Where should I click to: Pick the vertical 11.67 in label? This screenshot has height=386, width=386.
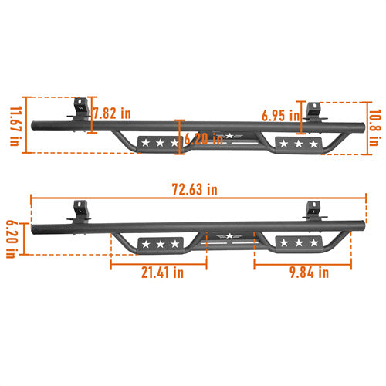[x=15, y=125]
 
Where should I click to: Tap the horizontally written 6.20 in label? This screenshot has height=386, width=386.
[x=205, y=140]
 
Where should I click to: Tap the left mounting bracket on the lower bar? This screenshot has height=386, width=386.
[x=79, y=210]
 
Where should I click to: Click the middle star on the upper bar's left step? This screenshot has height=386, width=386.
[x=160, y=143]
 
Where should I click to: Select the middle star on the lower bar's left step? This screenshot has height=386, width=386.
[x=160, y=245]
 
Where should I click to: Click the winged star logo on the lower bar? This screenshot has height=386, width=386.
[x=229, y=236]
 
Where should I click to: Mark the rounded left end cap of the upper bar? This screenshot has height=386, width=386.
[x=33, y=124]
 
